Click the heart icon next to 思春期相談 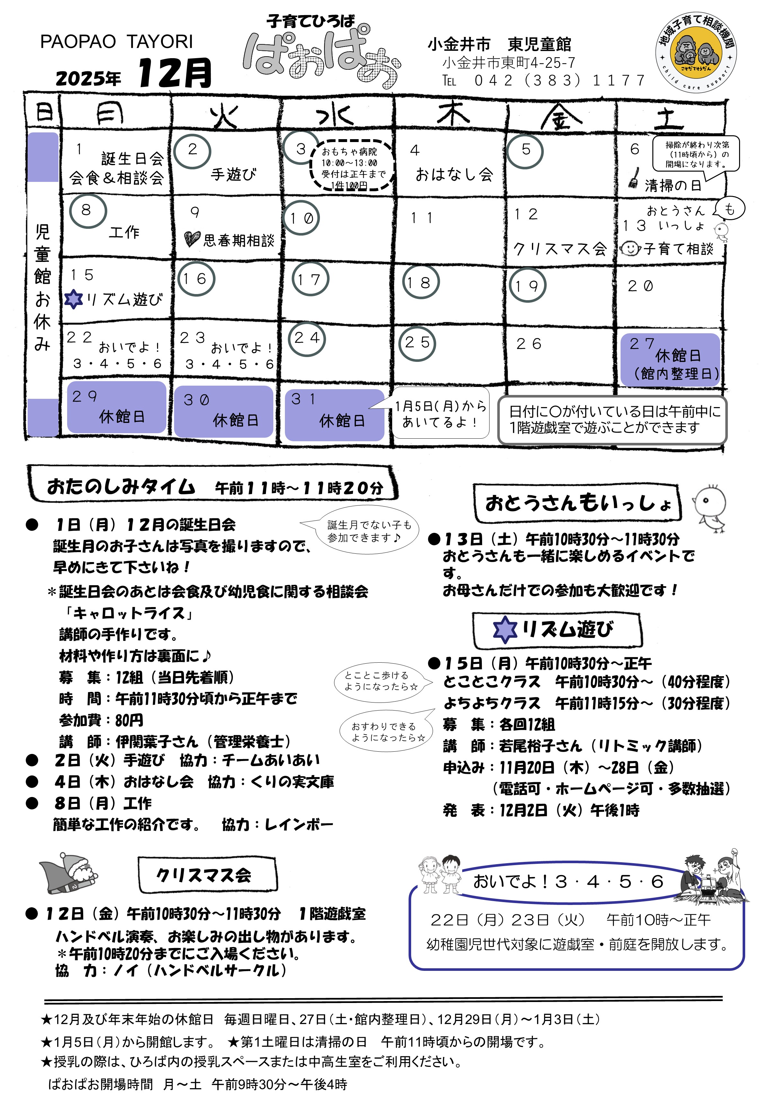pyautogui.click(x=192, y=239)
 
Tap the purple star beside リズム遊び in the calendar pyautogui.click(x=73, y=299)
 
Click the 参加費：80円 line pyautogui.click(x=101, y=720)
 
